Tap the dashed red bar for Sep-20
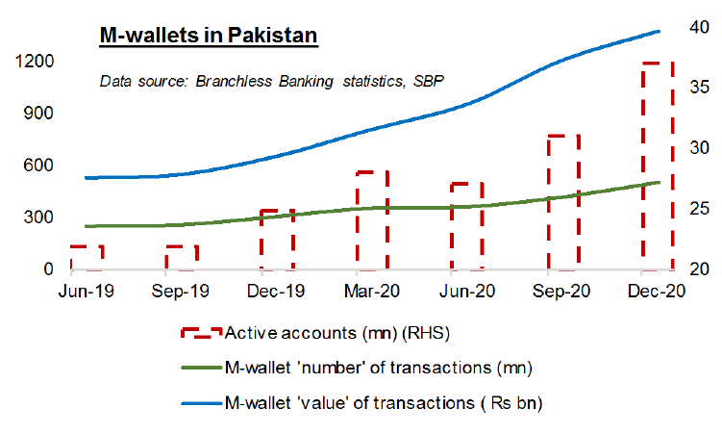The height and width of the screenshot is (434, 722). click(x=562, y=202)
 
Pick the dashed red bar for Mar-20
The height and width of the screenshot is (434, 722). click(x=371, y=220)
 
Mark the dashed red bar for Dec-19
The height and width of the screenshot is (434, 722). click(x=277, y=239)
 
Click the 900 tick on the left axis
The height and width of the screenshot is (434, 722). click(x=37, y=114)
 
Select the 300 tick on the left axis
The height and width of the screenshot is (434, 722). click(x=37, y=217)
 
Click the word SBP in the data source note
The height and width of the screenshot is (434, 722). click(x=429, y=81)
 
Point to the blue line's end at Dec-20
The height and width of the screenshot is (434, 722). click(x=659, y=32)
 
